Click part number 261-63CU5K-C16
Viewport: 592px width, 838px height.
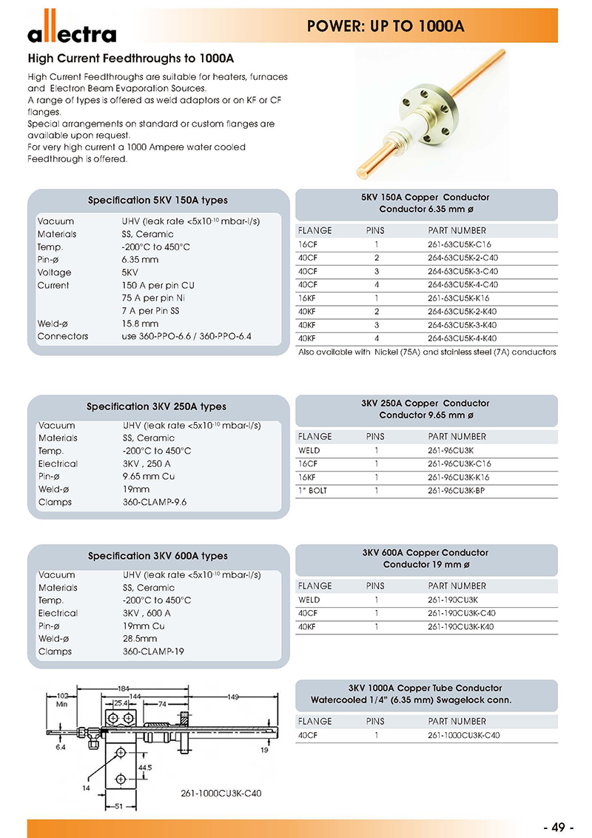pos(460,244)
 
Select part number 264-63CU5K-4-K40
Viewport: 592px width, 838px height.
pos(462,338)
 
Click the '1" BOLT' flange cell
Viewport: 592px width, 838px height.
pos(312,490)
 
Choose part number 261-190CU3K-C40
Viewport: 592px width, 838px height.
pos(462,613)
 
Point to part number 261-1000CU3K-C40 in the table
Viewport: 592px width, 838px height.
pos(464,735)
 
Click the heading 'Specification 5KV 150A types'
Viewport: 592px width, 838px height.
pos(158,201)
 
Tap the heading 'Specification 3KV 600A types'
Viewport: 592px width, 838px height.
pos(158,556)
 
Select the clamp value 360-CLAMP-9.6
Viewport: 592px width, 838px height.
pos(155,502)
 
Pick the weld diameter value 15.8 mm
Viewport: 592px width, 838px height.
pos(140,324)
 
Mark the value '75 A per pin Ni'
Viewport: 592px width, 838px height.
pos(154,298)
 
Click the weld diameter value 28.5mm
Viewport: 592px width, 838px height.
pos(140,639)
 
